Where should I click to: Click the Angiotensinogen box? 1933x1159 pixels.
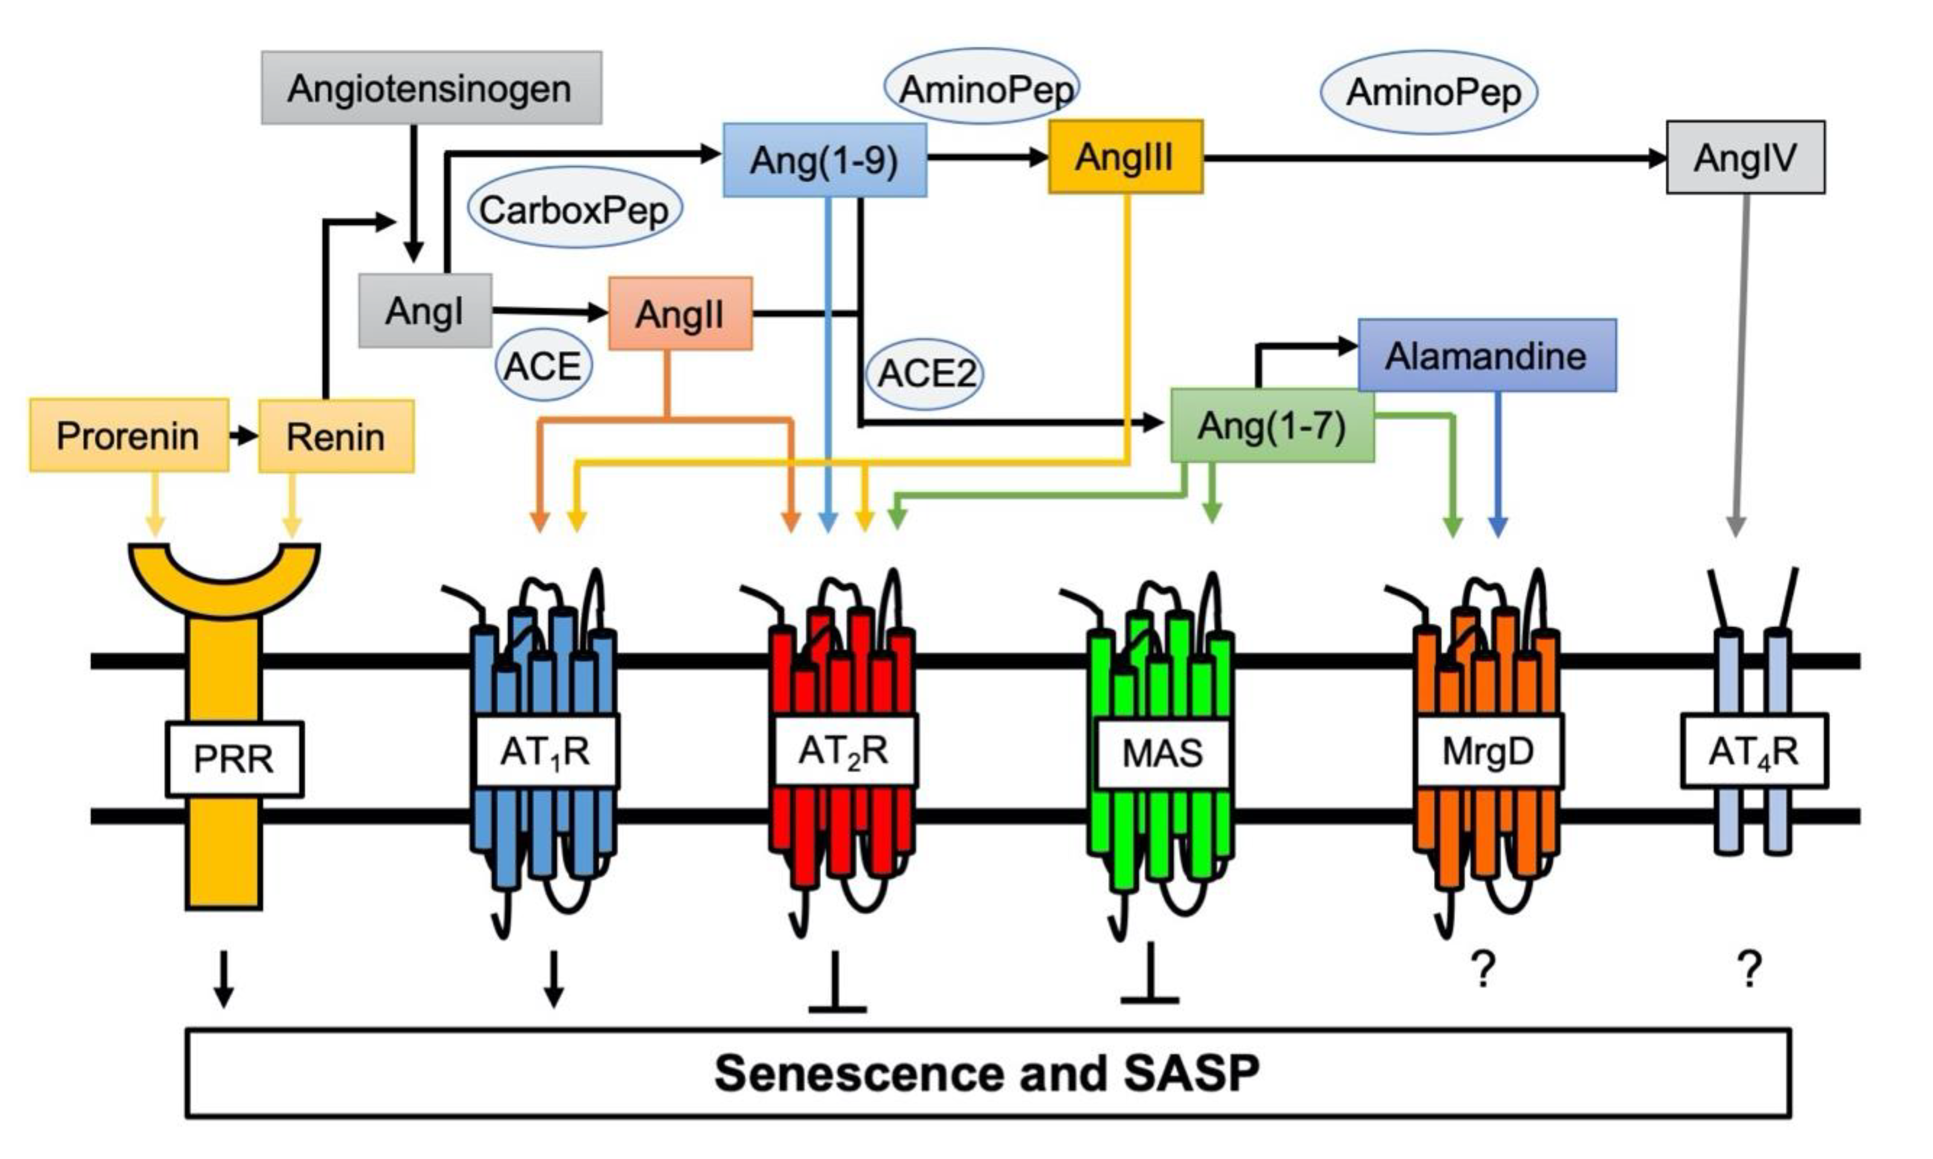pyautogui.click(x=431, y=88)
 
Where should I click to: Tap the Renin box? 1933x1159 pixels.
pyautogui.click(x=336, y=436)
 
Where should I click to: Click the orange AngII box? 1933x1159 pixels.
pyautogui.click(x=680, y=314)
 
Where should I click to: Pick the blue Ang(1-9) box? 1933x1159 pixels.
pyautogui.click(x=824, y=160)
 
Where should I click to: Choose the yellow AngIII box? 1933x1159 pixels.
pyautogui.click(x=1125, y=157)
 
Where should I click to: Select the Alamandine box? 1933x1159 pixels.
pyautogui.click(x=1486, y=355)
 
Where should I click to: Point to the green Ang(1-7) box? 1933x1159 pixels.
pyautogui.click(x=1271, y=426)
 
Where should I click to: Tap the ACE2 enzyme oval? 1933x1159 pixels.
pyautogui.click(x=925, y=373)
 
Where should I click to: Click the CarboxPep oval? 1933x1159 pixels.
pyautogui.click(x=574, y=208)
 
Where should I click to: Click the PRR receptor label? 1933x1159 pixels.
pyautogui.click(x=233, y=758)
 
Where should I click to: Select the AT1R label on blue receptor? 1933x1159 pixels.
pyautogui.click(x=546, y=751)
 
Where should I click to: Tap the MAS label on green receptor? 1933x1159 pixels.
pyautogui.click(x=1162, y=753)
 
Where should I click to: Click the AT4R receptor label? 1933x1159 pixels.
pyautogui.click(x=1753, y=751)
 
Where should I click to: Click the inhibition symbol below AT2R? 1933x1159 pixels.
pyautogui.click(x=836, y=984)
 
